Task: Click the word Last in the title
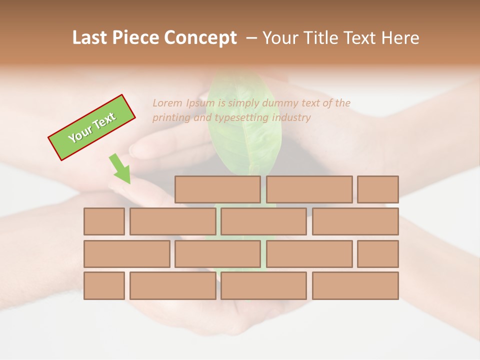[91, 38]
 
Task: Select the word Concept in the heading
[200, 38]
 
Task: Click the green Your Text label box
[92, 127]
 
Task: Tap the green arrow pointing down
[120, 169]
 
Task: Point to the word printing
[170, 117]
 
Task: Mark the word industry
[291, 117]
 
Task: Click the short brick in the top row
[378, 189]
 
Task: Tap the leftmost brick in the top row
[217, 189]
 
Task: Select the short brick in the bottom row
[104, 285]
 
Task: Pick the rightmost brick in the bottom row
[355, 285]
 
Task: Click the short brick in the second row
[104, 221]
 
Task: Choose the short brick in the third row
[378, 254]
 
